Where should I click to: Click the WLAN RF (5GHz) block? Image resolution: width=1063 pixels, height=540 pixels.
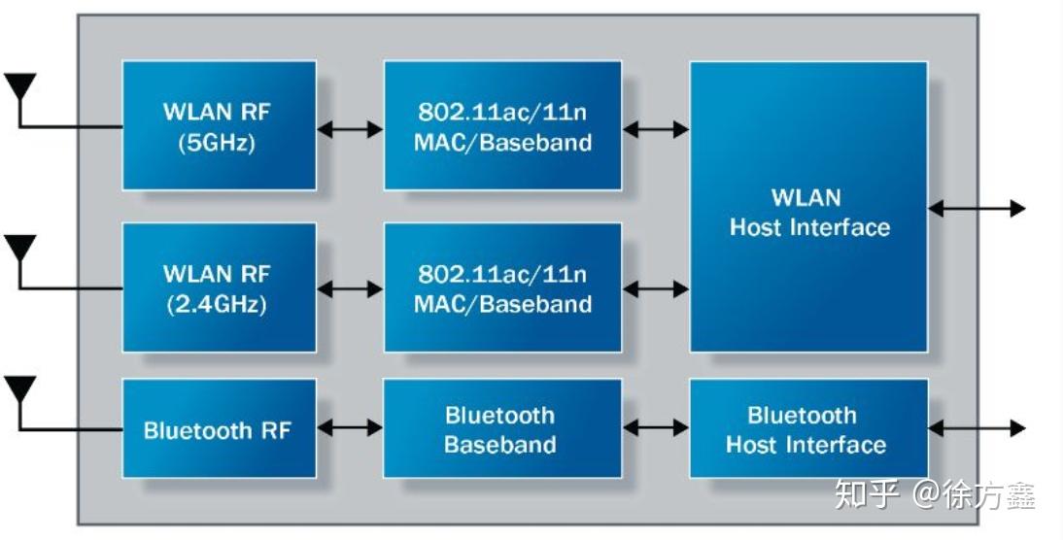tap(219, 126)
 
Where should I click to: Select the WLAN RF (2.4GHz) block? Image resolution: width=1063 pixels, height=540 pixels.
tap(219, 287)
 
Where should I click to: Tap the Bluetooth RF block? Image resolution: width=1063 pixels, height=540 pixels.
tap(219, 428)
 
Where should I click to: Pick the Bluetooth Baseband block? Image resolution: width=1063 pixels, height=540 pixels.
tap(501, 428)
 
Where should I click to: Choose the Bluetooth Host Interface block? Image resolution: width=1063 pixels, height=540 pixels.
tap(807, 428)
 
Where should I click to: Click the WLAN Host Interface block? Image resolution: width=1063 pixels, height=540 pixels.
tap(807, 207)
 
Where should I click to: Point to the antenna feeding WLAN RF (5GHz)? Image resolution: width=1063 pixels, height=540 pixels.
tap(19, 87)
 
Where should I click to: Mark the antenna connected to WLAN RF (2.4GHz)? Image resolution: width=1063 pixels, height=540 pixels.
tap(19, 249)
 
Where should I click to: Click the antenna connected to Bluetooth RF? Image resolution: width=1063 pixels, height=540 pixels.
tap(19, 390)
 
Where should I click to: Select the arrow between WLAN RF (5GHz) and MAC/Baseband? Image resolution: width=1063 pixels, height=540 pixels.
tap(350, 128)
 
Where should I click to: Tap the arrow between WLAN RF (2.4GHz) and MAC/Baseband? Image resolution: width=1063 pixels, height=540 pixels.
tap(350, 288)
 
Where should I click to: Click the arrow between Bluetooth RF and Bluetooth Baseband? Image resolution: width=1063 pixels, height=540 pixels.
tap(350, 427)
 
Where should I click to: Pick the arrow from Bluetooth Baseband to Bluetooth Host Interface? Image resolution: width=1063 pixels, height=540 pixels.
tap(655, 427)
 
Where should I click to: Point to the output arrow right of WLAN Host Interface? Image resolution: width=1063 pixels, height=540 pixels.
tap(977, 208)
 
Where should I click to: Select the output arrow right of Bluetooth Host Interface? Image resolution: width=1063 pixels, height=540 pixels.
tap(977, 427)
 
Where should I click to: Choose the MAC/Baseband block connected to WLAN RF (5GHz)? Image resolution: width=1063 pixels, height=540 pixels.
tap(501, 126)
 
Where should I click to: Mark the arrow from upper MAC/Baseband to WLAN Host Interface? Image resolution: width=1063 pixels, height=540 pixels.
tap(655, 128)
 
